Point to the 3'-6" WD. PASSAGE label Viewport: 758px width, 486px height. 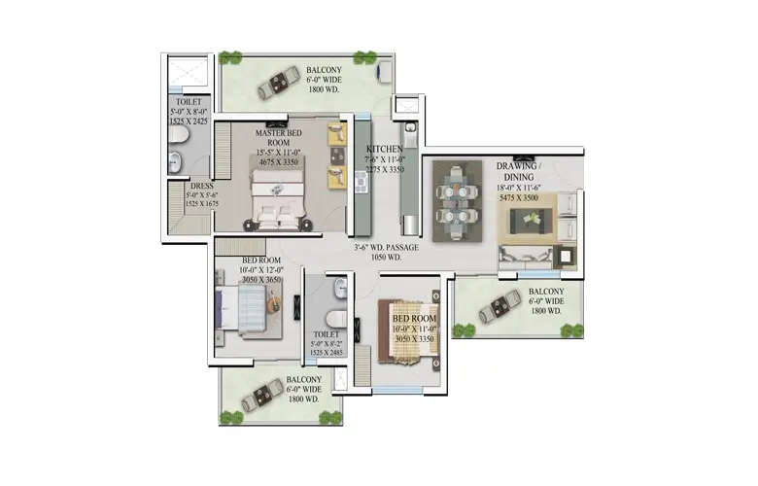pyautogui.click(x=387, y=248)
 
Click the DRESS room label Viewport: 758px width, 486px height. pyautogui.click(x=202, y=186)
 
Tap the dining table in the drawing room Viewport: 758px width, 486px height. pyautogui.click(x=456, y=201)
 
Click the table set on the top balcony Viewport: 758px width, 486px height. pyautogui.click(x=279, y=83)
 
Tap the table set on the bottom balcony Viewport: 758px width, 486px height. pyautogui.click(x=261, y=396)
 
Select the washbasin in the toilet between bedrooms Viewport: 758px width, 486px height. pyautogui.click(x=340, y=288)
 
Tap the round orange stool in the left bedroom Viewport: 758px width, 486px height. pyautogui.click(x=274, y=306)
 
